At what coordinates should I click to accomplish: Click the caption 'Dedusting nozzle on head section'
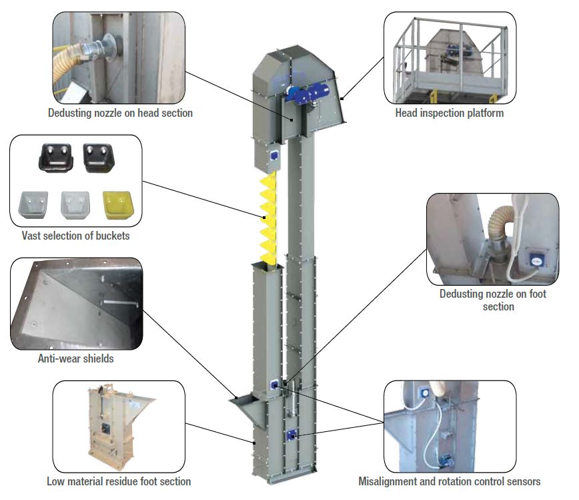tap(120, 113)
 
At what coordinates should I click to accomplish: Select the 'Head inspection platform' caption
tap(449, 113)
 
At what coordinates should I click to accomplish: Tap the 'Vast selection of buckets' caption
tap(75, 236)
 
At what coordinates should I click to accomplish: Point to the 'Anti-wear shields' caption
tap(75, 358)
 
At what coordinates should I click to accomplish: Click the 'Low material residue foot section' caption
tap(118, 481)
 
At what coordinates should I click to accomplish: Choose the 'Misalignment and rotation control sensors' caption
tap(449, 481)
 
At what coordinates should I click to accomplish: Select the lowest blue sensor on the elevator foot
tap(291, 435)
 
